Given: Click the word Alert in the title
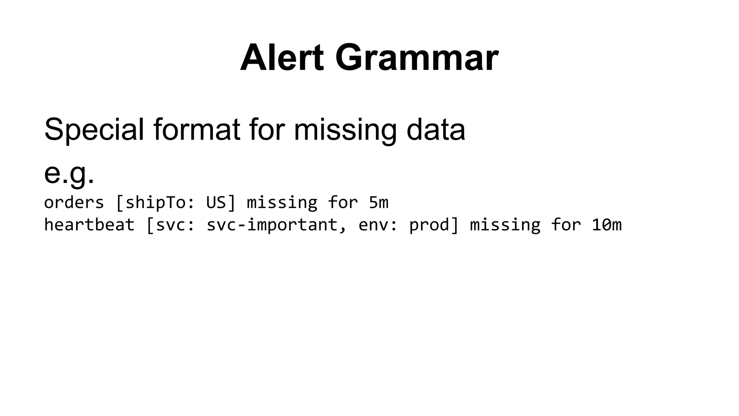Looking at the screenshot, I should click(282, 58).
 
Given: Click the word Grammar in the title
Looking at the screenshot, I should click(417, 58).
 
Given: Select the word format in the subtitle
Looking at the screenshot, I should click(197, 129).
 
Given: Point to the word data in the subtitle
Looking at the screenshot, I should click(436, 129).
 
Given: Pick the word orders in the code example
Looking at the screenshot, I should click(74, 202).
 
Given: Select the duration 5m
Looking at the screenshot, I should click(379, 202).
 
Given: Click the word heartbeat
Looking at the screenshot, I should click(89, 225).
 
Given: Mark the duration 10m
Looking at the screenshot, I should click(607, 225).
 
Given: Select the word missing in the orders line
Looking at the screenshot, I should click(282, 202).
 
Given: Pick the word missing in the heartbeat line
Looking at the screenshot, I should click(505, 225).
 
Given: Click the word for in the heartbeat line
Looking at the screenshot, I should click(566, 225).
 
